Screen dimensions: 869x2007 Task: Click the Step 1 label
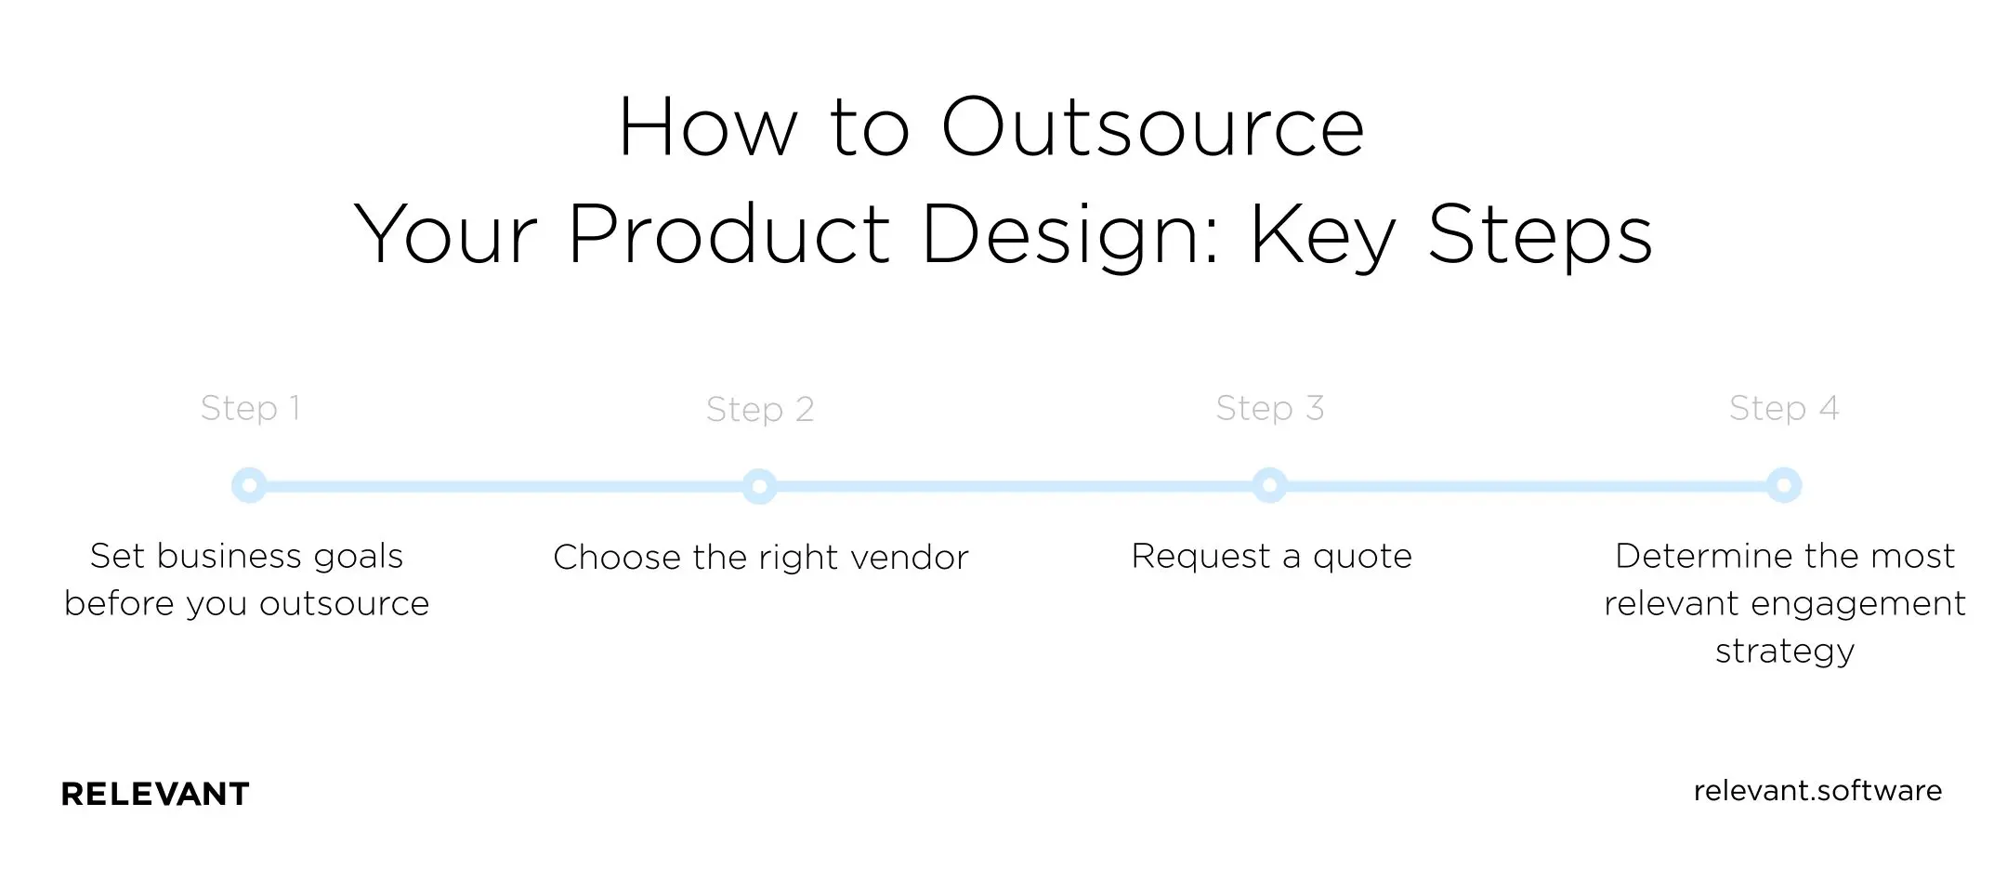[x=250, y=408]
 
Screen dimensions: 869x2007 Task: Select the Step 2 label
[x=759, y=410]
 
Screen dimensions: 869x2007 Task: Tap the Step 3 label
[x=1269, y=408]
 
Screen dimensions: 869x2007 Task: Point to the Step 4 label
[x=1783, y=408]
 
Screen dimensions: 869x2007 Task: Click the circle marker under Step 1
[x=249, y=485]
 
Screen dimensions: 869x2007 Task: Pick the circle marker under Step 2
[x=759, y=486]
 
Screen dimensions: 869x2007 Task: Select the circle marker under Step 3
[x=1269, y=485]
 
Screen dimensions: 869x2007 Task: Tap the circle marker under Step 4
[x=1783, y=485]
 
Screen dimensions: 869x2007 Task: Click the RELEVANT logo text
[x=155, y=794]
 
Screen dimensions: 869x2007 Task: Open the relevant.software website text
[x=1817, y=791]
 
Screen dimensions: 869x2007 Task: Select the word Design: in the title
[x=1069, y=236]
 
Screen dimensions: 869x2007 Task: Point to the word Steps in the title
[x=1540, y=234]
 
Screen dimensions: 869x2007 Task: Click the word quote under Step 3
[x=1361, y=557]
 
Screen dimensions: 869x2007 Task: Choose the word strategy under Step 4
[x=1784, y=652]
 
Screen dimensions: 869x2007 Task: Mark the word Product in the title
[x=729, y=234]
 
